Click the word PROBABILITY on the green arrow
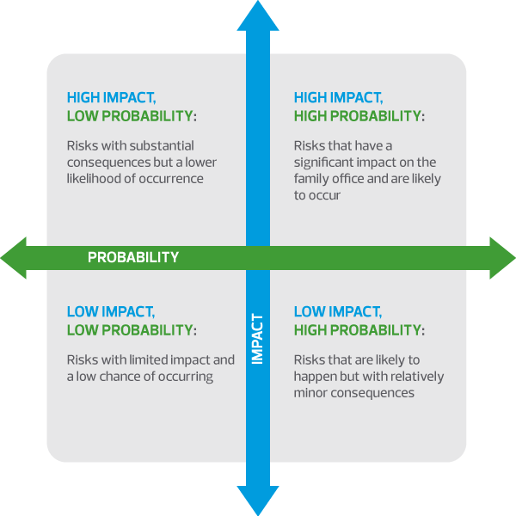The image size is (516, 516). click(133, 257)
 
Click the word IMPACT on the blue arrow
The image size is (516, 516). click(257, 339)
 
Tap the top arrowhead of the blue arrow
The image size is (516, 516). click(258, 15)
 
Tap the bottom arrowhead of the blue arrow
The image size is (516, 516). click(258, 500)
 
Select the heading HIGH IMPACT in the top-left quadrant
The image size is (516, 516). click(111, 98)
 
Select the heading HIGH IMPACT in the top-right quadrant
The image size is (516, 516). click(338, 98)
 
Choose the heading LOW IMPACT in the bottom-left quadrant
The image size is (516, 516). click(110, 311)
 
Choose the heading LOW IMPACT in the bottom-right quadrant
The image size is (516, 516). click(337, 311)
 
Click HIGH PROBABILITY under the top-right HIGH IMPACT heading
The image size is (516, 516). click(358, 116)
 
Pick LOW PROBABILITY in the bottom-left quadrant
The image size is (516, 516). click(129, 330)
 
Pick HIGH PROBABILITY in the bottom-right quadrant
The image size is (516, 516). click(358, 330)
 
